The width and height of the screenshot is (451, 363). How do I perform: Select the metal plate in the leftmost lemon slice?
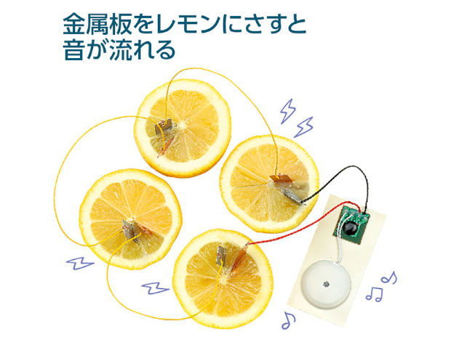(x=129, y=229)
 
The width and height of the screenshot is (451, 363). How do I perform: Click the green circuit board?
(x=354, y=222)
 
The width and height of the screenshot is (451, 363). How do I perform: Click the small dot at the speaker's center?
(x=327, y=281)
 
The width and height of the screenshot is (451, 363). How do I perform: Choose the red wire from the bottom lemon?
(x=291, y=236)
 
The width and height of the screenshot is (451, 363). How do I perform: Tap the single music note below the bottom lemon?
(x=289, y=319)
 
